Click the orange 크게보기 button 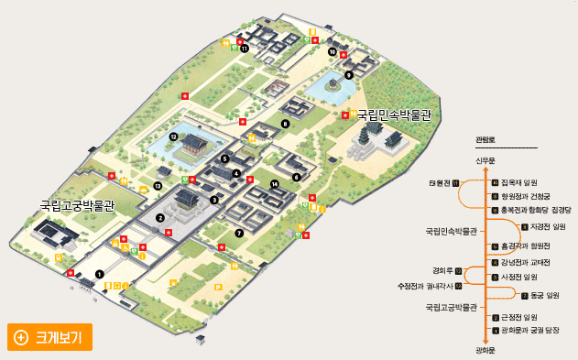tap(48, 336)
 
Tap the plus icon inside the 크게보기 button tap(21, 336)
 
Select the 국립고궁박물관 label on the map tap(76, 206)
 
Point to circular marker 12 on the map tap(173, 136)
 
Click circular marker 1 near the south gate tap(100, 272)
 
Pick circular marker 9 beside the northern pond tap(348, 76)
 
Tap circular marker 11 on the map tap(245, 49)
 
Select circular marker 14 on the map tap(274, 184)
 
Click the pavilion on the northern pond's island tap(333, 84)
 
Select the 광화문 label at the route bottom tap(485, 349)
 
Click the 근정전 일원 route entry tap(523, 316)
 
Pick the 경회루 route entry tap(442, 270)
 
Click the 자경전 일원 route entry tap(546, 226)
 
